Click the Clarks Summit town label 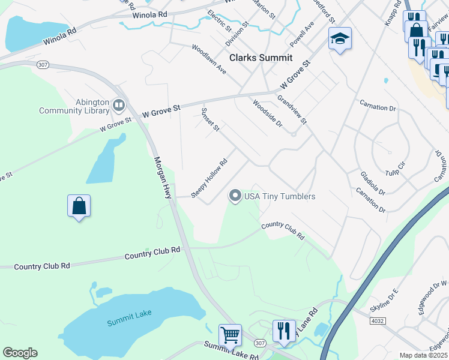pyautogui.click(x=261, y=58)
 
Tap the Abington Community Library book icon pyautogui.click(x=119, y=106)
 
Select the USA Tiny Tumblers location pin pyautogui.click(x=236, y=196)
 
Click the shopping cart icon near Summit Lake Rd pyautogui.click(x=230, y=334)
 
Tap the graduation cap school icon pyautogui.click(x=340, y=38)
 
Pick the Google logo pyautogui.click(x=20, y=352)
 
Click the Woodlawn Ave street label pyautogui.click(x=209, y=59)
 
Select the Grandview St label pyautogui.click(x=292, y=108)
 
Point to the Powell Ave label pyautogui.click(x=302, y=35)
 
